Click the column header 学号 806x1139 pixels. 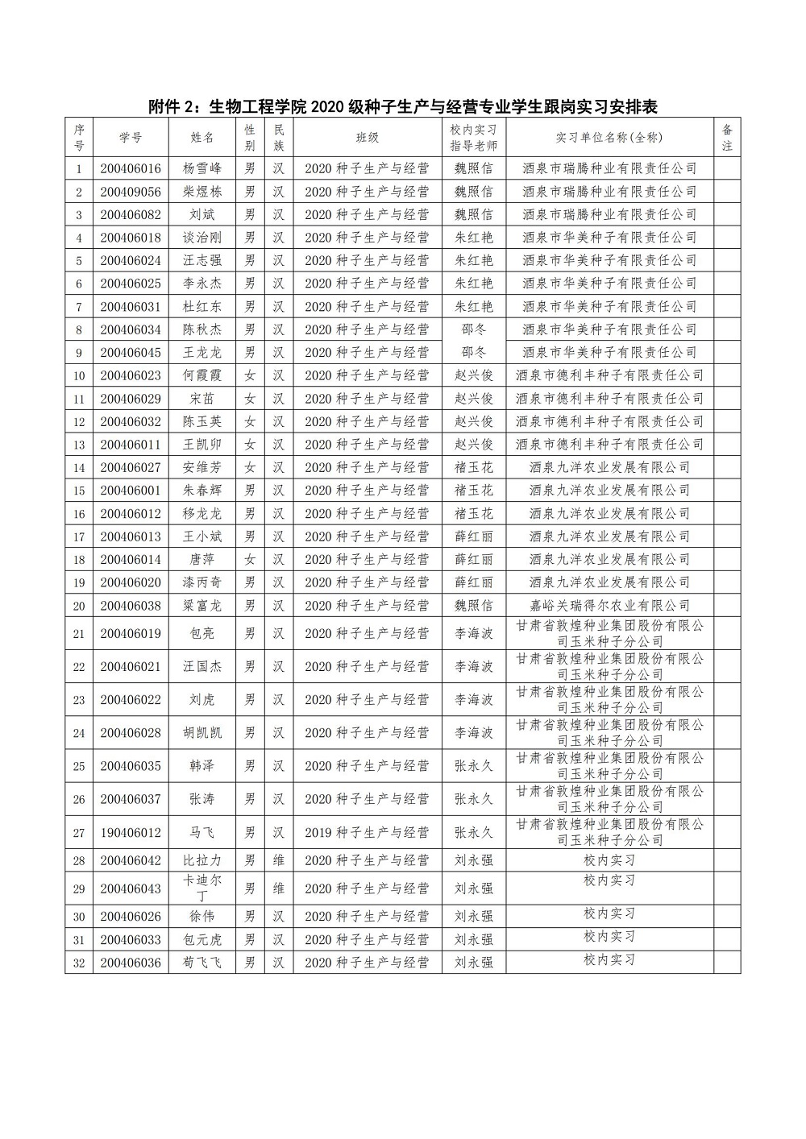pyautogui.click(x=131, y=138)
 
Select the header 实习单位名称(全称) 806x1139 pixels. pyautogui.click(x=609, y=138)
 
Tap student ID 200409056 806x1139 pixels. pyautogui.click(x=131, y=192)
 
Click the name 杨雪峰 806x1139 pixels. pyautogui.click(x=201, y=168)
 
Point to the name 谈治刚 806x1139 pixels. pyautogui.click(x=201, y=238)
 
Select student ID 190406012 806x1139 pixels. pyautogui.click(x=131, y=832)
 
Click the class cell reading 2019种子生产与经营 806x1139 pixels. pyautogui.click(x=367, y=832)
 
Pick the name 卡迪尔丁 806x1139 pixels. pyautogui.click(x=201, y=888)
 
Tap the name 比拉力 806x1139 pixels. pyautogui.click(x=201, y=860)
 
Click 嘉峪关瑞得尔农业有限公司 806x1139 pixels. pyautogui.click(x=609, y=605)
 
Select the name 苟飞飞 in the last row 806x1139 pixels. pyautogui.click(x=201, y=963)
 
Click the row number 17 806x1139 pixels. pyautogui.click(x=79, y=536)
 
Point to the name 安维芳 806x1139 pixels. pyautogui.click(x=201, y=467)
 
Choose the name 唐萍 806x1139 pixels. pyautogui.click(x=201, y=559)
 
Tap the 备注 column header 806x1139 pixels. pyautogui.click(x=727, y=138)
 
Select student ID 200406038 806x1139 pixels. pyautogui.click(x=131, y=605)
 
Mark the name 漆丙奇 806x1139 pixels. pyautogui.click(x=201, y=582)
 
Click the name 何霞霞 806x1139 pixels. pyautogui.click(x=201, y=375)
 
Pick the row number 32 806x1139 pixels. pyautogui.click(x=79, y=963)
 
